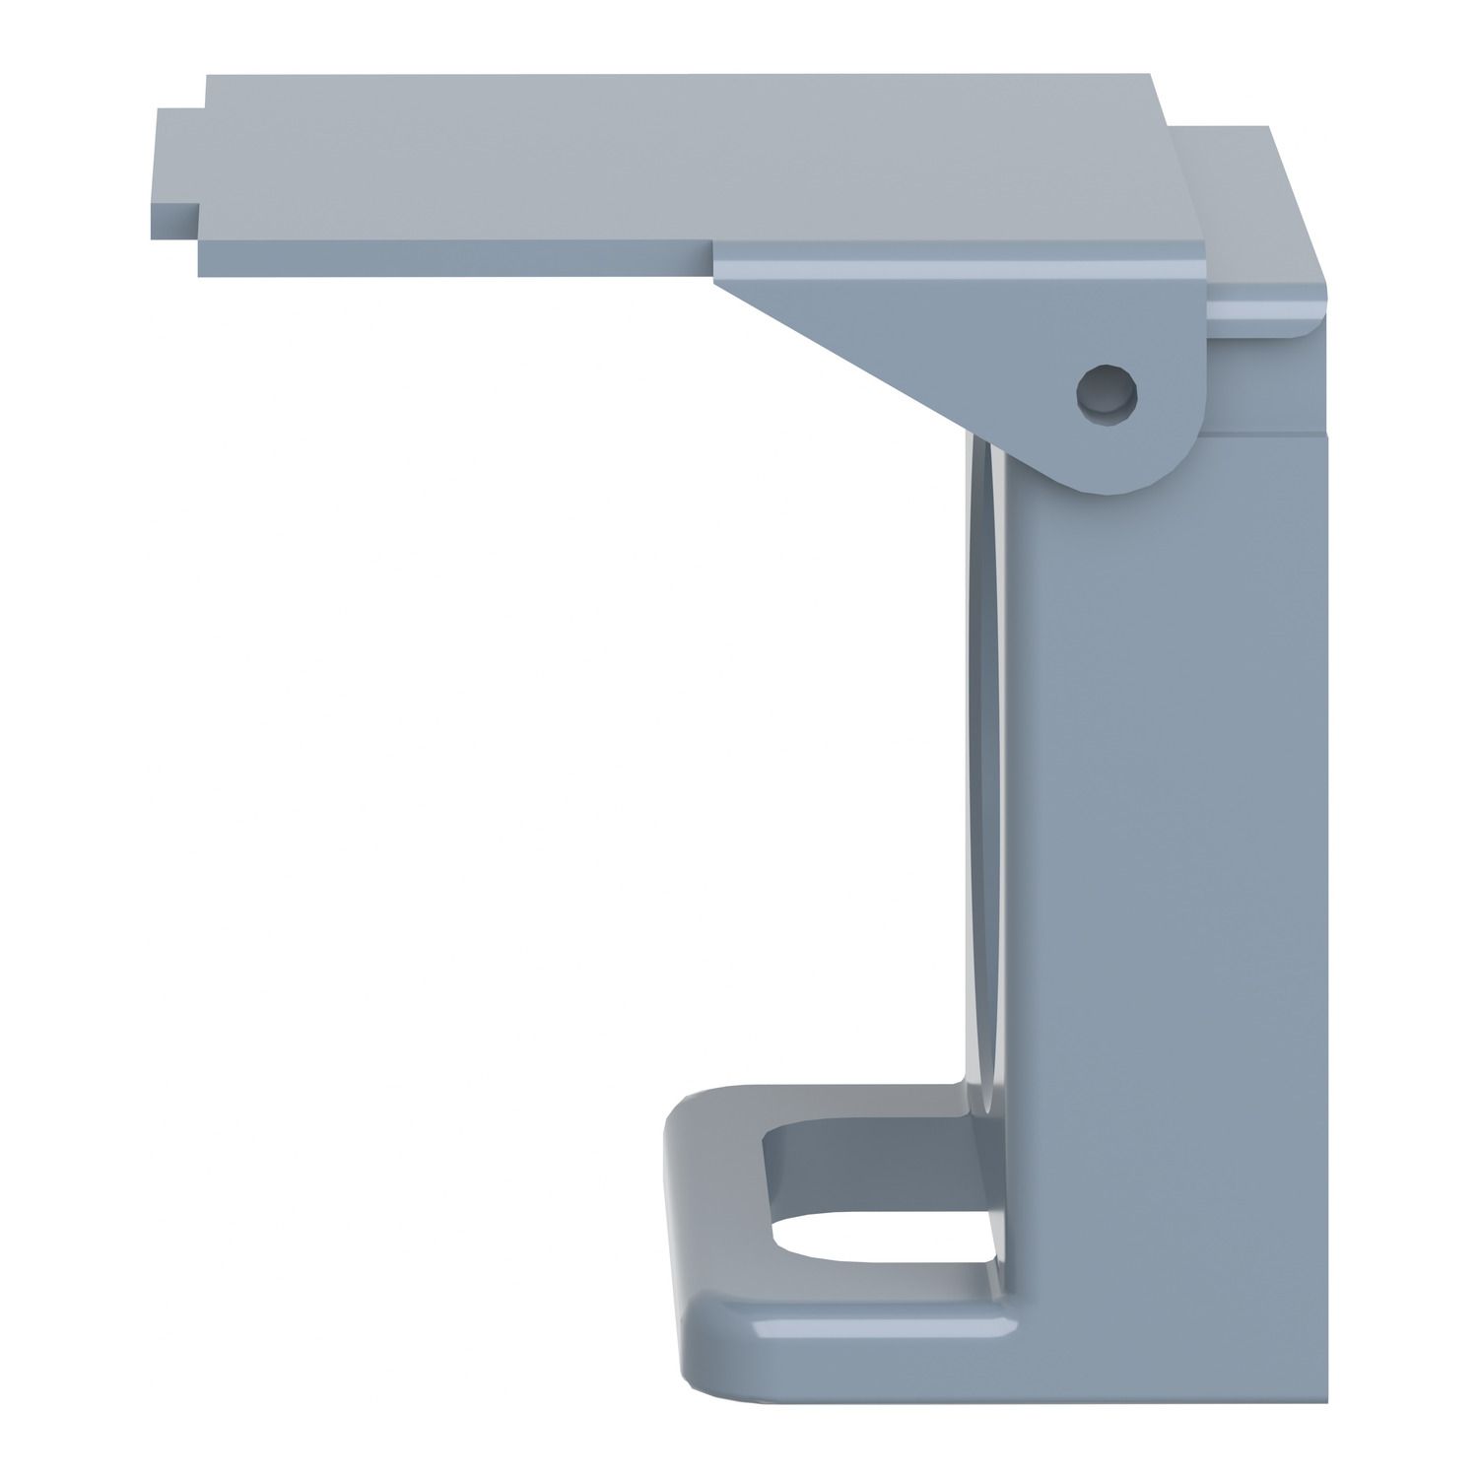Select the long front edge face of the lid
(x=453, y=258)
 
